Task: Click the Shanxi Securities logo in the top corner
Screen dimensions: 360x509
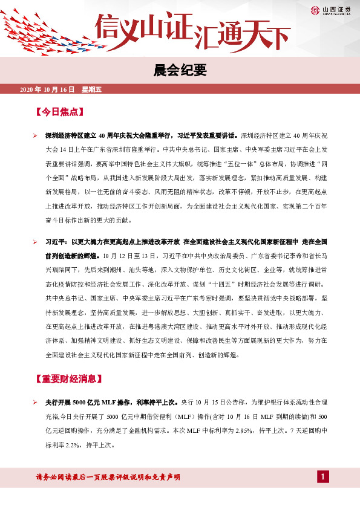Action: coord(332,9)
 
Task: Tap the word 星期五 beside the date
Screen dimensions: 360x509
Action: coord(92,90)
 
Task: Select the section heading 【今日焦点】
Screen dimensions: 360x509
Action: coord(59,112)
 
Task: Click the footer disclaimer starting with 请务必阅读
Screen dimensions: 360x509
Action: coord(109,478)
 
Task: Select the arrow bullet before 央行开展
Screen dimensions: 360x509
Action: coord(36,401)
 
